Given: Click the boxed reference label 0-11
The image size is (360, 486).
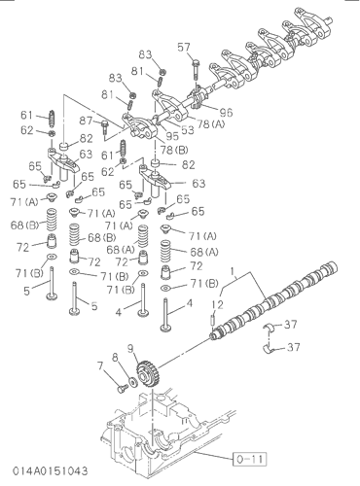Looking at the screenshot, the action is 250,459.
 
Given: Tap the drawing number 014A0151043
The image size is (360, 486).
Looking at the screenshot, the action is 51,470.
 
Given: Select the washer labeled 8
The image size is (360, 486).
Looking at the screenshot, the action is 133,381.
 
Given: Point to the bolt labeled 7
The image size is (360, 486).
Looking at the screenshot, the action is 122,388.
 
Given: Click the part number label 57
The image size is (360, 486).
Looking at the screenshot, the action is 184,48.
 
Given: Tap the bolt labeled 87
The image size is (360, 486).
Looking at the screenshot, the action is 104,127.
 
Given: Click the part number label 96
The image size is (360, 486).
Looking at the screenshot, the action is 226,112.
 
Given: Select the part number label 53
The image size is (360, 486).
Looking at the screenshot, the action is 187,129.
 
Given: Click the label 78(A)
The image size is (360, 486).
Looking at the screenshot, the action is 211,123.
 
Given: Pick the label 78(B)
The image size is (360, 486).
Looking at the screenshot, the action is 174,150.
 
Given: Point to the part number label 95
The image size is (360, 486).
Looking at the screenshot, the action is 172,136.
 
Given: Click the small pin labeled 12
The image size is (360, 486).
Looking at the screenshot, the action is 213,319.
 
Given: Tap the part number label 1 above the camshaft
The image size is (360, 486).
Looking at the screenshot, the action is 233,270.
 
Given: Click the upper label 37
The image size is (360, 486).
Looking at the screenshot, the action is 290,324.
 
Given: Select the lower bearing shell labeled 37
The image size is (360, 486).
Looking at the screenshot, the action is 269,349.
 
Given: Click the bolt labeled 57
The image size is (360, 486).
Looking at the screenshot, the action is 196,69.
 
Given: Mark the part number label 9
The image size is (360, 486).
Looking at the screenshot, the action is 130,348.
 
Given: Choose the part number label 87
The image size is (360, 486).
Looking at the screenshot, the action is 86,121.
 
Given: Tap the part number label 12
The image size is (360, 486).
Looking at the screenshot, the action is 218,304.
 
